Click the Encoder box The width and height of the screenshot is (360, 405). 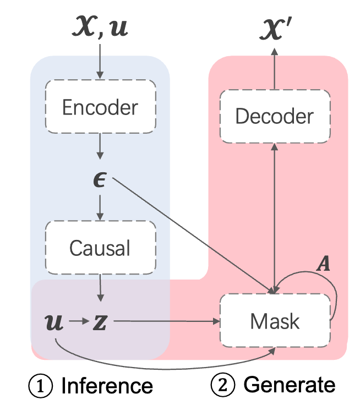[x=100, y=107]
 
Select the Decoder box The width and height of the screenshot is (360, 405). [x=274, y=116]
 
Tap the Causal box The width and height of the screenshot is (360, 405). [x=100, y=248]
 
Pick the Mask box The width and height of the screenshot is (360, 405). [x=274, y=320]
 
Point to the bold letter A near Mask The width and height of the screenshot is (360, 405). [x=325, y=265]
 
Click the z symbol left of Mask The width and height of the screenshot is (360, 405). [x=100, y=321]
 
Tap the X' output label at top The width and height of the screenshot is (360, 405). [x=275, y=28]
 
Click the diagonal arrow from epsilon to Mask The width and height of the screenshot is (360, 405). [x=193, y=237]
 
